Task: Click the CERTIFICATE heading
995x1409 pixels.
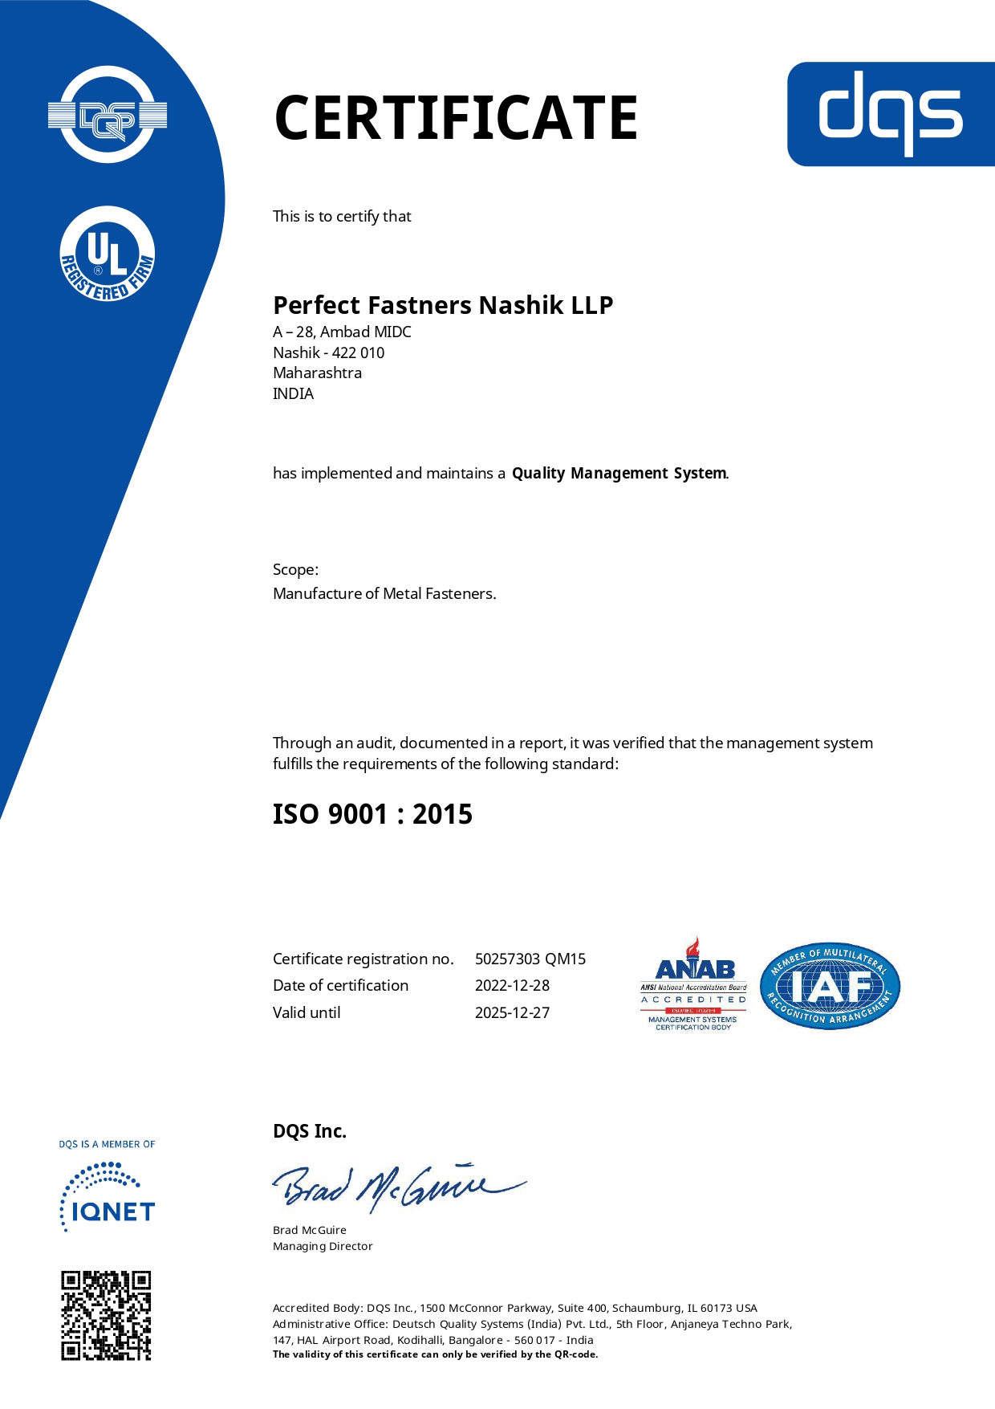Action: pos(456,118)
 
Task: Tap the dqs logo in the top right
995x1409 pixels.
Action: pos(891,114)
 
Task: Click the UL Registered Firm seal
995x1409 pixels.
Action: pos(108,255)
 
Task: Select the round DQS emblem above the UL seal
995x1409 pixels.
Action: pos(108,116)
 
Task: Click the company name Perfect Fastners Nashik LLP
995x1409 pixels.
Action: pos(443,305)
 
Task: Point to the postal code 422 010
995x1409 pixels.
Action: pos(358,352)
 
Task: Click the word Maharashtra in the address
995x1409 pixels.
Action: pos(317,373)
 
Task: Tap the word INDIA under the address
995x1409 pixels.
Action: pos(293,393)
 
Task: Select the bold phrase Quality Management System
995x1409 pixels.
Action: pos(619,473)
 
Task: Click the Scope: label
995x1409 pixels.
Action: pos(295,569)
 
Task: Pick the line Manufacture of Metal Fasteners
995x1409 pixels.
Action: pos(384,593)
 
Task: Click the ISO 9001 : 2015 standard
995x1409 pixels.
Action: pos(372,814)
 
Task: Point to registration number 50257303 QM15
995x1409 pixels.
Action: pos(530,959)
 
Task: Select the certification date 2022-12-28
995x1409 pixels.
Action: pos(512,985)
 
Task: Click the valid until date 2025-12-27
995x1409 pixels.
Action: pos(512,1012)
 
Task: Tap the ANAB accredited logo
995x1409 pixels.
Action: pos(693,984)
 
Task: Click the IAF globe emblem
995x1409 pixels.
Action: pos(830,986)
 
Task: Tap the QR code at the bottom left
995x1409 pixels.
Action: pos(107,1315)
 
